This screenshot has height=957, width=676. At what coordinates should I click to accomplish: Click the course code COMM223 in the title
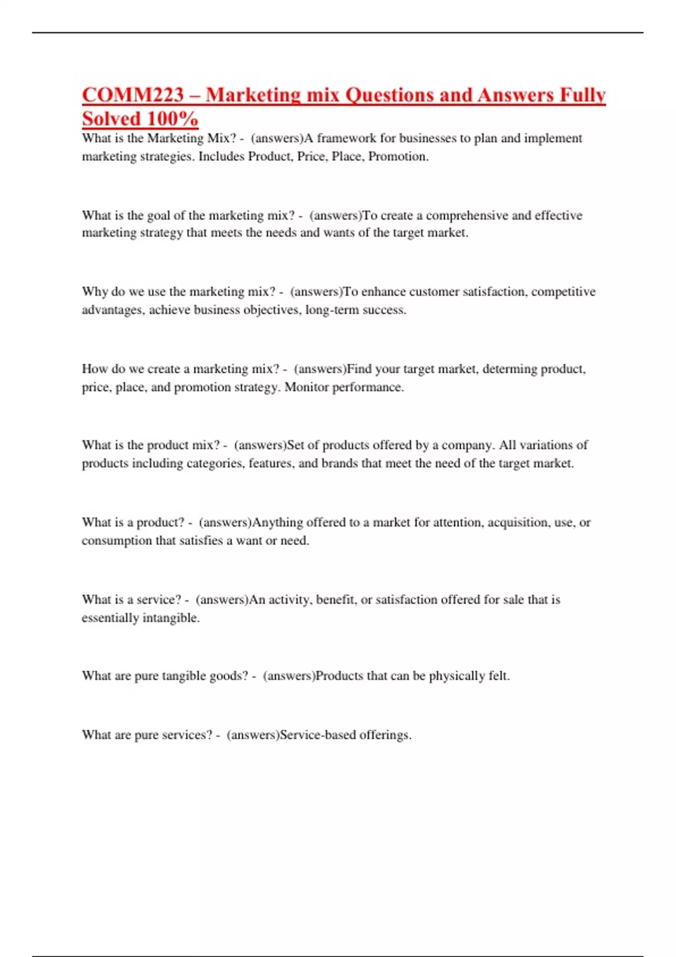point(133,95)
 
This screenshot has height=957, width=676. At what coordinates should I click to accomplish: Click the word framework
point(346,138)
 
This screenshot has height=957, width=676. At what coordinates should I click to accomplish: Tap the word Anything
point(278,523)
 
